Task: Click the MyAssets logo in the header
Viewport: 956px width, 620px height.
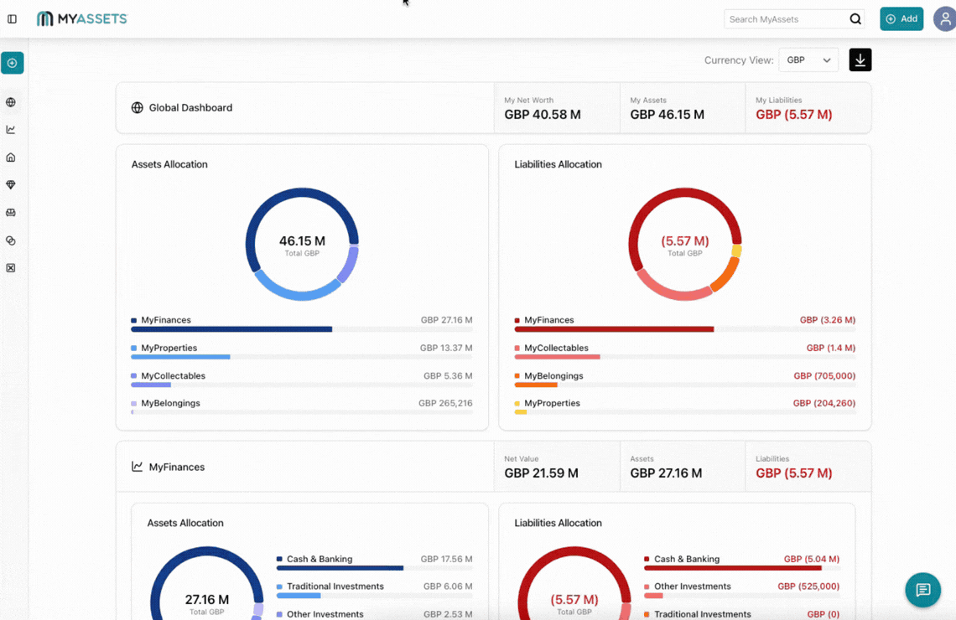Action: pos(81,18)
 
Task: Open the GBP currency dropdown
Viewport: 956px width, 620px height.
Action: pos(808,60)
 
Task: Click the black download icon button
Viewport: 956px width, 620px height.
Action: pos(860,60)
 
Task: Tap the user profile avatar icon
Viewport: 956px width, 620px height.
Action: pos(945,18)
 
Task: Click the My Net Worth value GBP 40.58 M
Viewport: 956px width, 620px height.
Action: pos(543,115)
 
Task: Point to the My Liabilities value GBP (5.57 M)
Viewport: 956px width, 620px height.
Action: pos(793,115)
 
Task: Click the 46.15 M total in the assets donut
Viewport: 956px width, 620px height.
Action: pos(302,241)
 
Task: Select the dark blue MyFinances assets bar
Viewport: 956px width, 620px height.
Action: pos(231,329)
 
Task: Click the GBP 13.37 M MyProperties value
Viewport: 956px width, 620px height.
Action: pos(445,348)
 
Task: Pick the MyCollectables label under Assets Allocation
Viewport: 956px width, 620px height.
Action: pos(173,375)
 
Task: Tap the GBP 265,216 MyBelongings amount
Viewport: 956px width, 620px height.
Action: pos(444,403)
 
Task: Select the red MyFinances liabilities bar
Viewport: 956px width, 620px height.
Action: pos(614,329)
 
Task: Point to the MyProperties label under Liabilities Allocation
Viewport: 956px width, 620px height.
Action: pos(552,403)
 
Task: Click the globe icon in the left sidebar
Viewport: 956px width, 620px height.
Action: pos(11,102)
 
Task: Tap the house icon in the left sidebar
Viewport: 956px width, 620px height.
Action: pos(11,158)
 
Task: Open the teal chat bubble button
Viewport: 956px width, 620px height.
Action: pos(922,590)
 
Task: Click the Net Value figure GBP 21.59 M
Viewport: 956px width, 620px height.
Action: pos(541,473)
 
